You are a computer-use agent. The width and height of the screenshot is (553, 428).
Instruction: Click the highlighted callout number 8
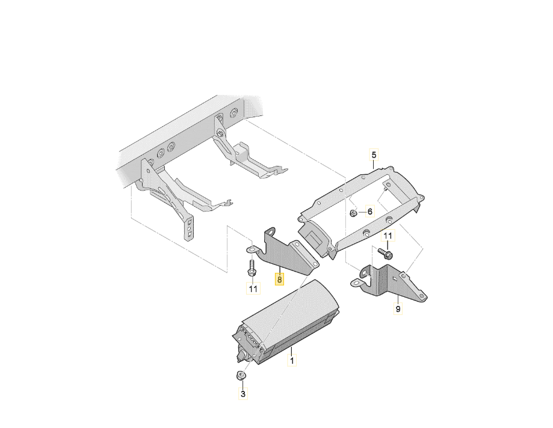pyautogui.click(x=279, y=280)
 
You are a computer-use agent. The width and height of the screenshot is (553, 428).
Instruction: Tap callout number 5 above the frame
pyautogui.click(x=374, y=154)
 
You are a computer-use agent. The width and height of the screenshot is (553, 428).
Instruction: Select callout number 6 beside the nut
pyautogui.click(x=369, y=212)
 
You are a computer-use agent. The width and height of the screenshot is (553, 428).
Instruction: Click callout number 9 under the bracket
pyautogui.click(x=398, y=309)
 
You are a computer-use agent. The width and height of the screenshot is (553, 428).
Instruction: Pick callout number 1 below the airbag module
pyautogui.click(x=292, y=360)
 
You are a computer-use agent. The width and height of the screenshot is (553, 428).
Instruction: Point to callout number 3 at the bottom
pyautogui.click(x=243, y=394)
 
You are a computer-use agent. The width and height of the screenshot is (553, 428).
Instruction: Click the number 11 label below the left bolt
pyautogui.click(x=253, y=289)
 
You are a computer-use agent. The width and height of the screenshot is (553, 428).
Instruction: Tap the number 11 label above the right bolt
pyautogui.click(x=388, y=235)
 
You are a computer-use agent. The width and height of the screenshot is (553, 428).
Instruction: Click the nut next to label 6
pyautogui.click(x=353, y=213)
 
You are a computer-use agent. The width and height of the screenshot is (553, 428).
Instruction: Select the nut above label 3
pyautogui.click(x=241, y=376)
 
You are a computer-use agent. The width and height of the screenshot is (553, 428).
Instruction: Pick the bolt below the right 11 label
pyautogui.click(x=385, y=253)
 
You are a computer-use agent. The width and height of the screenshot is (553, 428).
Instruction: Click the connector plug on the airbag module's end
pyautogui.click(x=241, y=356)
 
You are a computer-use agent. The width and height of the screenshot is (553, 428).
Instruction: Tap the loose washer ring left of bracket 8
pyautogui.click(x=251, y=249)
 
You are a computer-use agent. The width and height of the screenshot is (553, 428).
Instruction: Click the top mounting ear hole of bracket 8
pyautogui.click(x=271, y=231)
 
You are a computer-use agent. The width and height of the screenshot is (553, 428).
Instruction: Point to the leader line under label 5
pyautogui.click(x=374, y=165)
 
